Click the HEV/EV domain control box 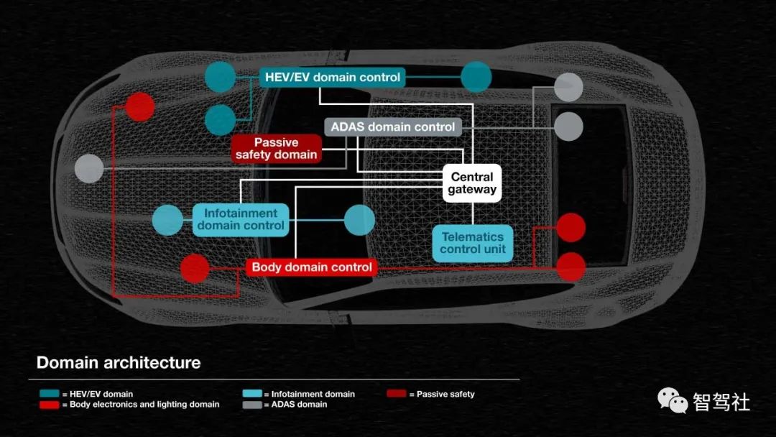[332, 78]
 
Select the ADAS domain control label [393, 127]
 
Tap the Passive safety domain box [276, 149]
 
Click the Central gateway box [472, 183]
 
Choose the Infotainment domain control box [241, 220]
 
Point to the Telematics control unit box [473, 244]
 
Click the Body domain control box [312, 267]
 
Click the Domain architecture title [119, 363]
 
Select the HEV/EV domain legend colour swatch [50, 393]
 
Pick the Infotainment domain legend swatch [252, 393]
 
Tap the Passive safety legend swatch [397, 393]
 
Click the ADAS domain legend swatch [252, 405]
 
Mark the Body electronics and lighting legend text [144, 405]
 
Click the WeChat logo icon [673, 400]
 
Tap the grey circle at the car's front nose [89, 168]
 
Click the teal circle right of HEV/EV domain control [476, 77]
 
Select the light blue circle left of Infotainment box [167, 220]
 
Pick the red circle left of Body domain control [195, 269]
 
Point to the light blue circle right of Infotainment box [359, 220]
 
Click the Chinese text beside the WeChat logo [721, 401]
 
